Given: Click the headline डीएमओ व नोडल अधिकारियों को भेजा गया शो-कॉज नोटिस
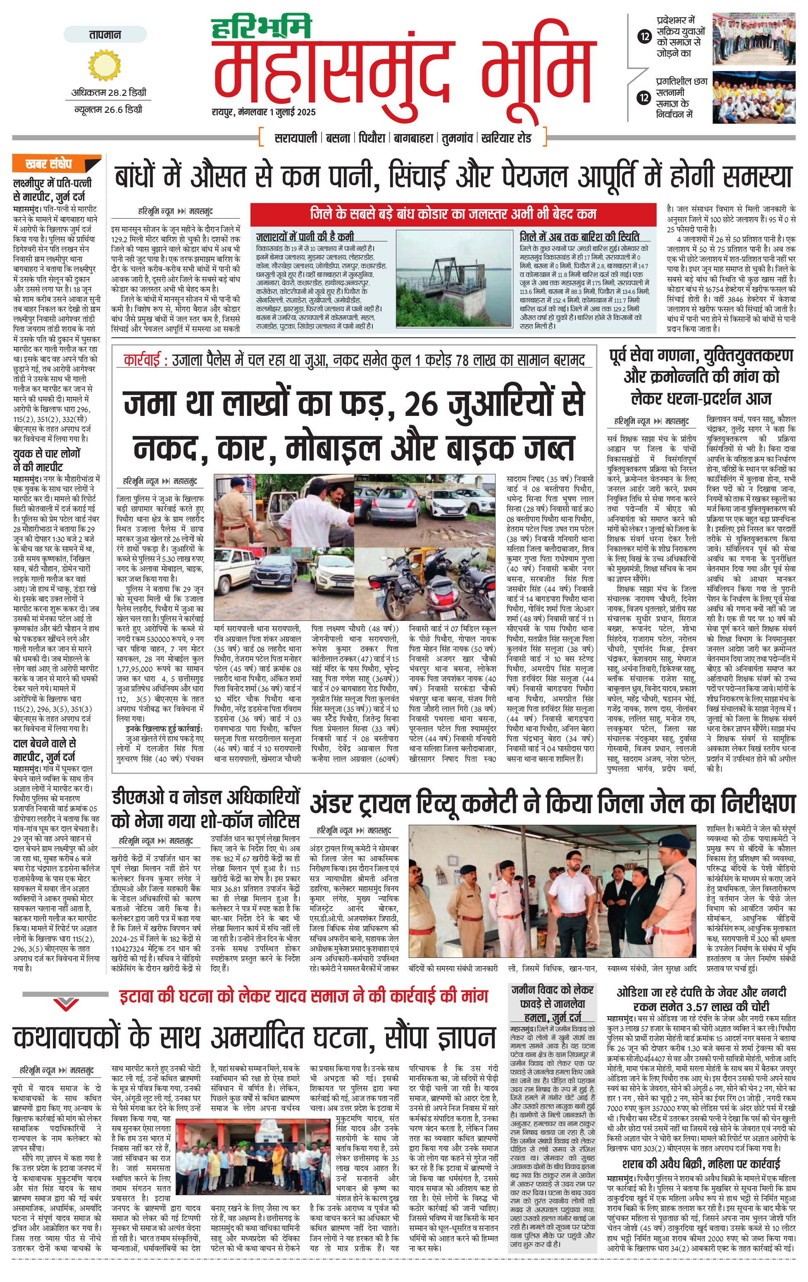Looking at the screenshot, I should tap(205, 809).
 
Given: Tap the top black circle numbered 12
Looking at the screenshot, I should tap(645, 37).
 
